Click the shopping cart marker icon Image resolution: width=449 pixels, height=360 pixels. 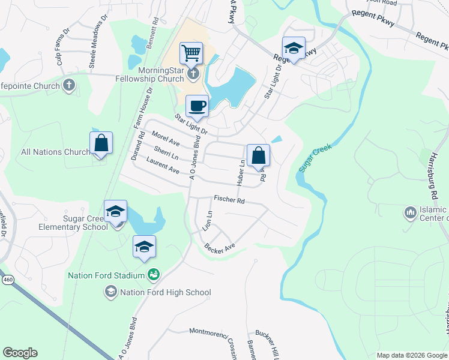tap(191, 52)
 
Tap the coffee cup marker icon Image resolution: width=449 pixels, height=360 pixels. tap(197, 107)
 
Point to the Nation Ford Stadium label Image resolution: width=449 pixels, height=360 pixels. tap(106, 275)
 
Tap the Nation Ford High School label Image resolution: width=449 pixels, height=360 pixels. tap(166, 293)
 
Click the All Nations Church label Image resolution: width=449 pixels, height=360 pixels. tap(55, 152)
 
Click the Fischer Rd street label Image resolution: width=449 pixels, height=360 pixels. tap(229, 200)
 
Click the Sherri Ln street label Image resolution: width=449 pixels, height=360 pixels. tap(166, 153)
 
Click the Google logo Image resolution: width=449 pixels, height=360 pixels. tap(19, 353)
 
